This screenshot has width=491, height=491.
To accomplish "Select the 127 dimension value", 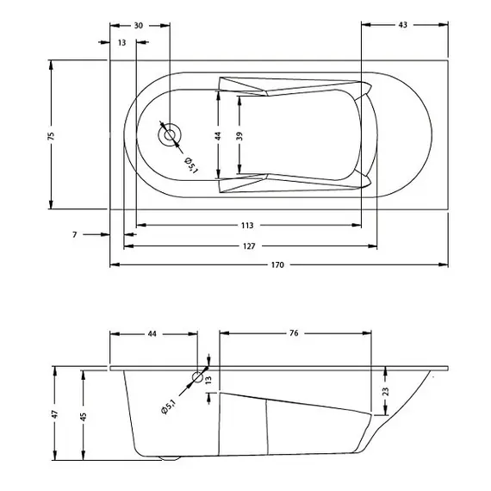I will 248,245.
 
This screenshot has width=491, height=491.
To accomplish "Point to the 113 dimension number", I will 247,226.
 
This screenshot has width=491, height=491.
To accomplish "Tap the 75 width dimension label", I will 51,135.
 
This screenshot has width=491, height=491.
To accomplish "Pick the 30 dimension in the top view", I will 139,26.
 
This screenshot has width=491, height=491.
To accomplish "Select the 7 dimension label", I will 75,234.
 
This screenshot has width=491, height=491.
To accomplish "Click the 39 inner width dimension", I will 240,135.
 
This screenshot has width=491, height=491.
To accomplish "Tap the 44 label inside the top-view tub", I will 219,135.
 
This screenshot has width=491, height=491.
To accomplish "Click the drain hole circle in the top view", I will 170,134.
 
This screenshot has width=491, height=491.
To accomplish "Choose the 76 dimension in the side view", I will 294,333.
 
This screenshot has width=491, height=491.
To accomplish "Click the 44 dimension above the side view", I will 152,333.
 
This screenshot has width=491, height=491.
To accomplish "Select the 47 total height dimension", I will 55,413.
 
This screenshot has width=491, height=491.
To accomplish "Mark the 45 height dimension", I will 83,416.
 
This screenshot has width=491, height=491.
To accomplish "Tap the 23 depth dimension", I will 385,391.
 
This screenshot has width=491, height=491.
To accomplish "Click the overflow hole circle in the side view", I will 198,376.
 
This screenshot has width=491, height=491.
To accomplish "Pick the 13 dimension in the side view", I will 208,380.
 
